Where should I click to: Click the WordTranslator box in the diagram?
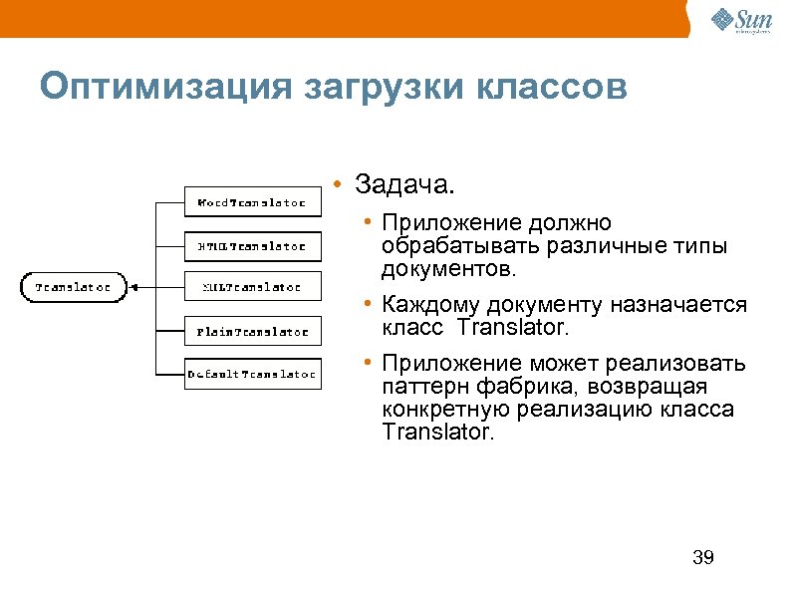pos(253,201)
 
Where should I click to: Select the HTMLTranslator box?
pos(253,244)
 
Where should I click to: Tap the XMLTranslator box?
pos(253,287)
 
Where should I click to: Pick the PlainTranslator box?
pos(253,331)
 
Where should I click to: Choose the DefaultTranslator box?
pos(253,375)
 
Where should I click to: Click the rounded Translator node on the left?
pos(74,287)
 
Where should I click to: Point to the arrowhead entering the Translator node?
pos(133,287)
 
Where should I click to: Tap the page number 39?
pos(702,557)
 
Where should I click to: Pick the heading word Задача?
pos(404,186)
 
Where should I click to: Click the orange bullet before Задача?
pos(340,186)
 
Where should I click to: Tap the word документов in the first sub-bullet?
pos(446,269)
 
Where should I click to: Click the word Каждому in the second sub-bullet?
pos(430,305)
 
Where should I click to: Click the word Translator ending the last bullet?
pos(436,433)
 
